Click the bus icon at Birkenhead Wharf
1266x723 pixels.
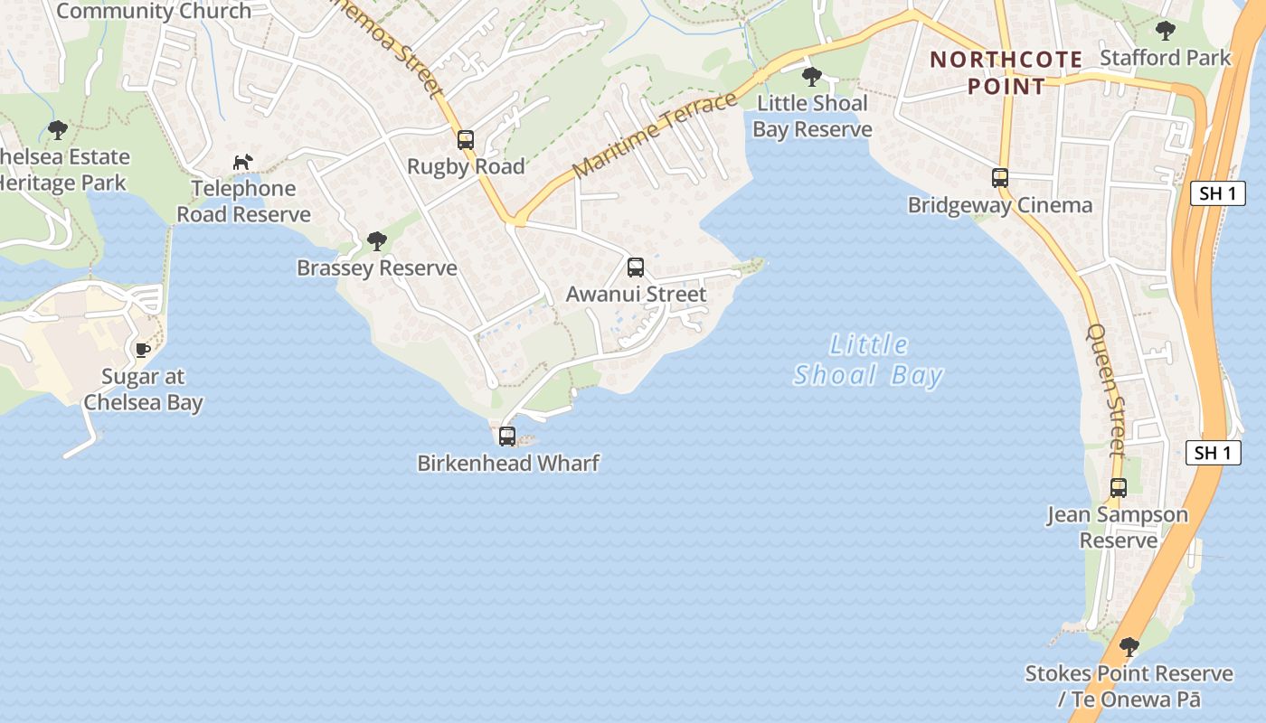507,437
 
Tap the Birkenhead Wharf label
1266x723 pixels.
507,464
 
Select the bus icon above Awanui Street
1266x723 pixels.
636,268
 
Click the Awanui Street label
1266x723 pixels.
636,295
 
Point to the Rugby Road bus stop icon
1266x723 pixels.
466,140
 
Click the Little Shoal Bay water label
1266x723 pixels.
868,360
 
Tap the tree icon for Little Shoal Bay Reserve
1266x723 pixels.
812,76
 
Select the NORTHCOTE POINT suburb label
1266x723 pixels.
1006,73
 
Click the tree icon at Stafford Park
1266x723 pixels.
1166,31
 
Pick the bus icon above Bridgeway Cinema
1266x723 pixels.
1000,178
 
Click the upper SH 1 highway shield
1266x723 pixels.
1217,193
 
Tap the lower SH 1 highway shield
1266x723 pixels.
1213,454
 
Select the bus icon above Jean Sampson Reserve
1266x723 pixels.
1119,488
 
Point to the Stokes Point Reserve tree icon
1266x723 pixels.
1129,647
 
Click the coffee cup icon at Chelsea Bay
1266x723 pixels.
142,350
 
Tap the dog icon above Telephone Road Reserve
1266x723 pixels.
242,162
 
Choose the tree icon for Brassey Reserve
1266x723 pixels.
377,241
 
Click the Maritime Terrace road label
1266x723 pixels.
655,135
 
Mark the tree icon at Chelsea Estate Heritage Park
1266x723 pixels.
58,130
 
